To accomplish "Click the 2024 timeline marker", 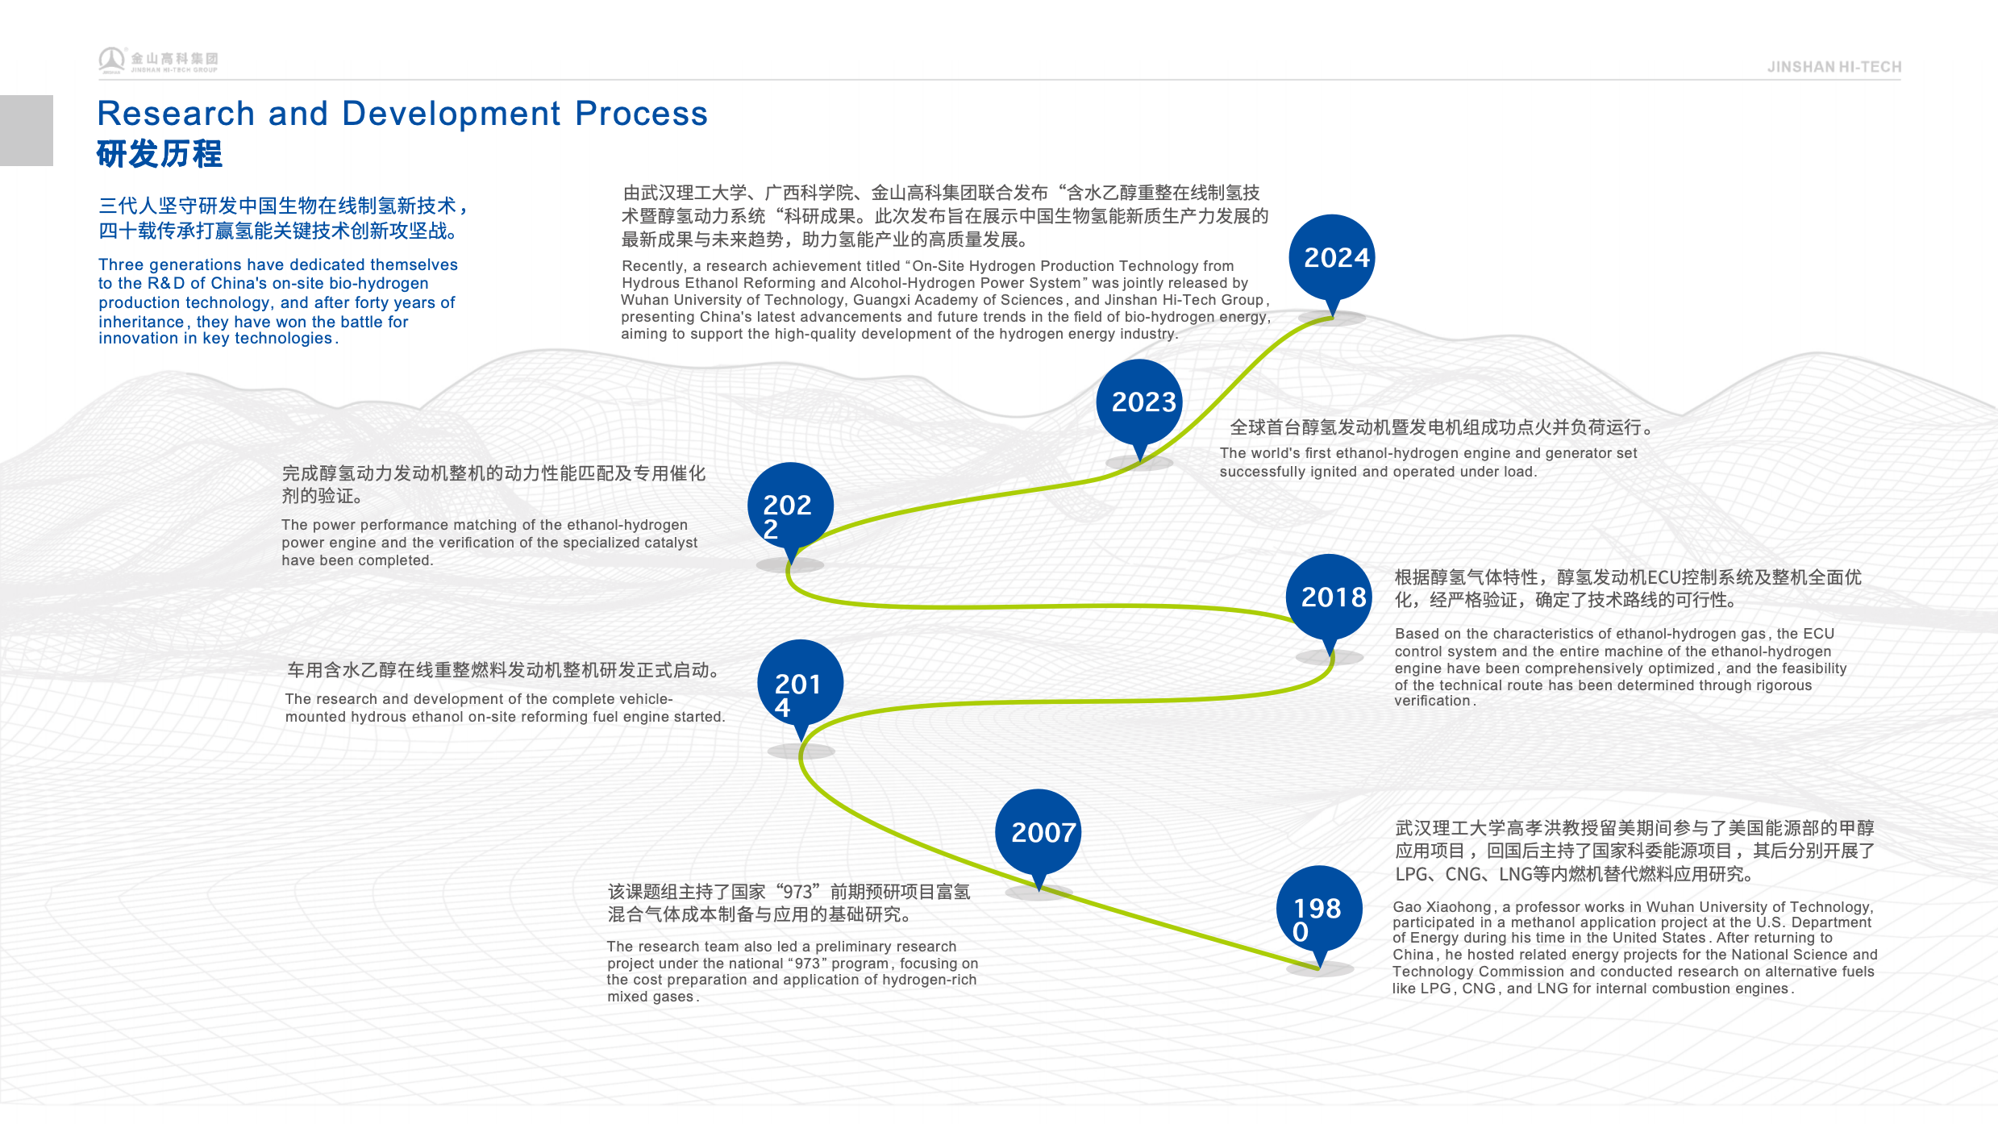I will click(x=1332, y=258).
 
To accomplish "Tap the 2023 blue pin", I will click(x=1139, y=402).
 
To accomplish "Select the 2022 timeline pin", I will click(x=790, y=506).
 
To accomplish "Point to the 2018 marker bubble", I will click(x=1329, y=597).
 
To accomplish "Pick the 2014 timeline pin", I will click(x=800, y=684).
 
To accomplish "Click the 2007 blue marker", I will click(x=1039, y=832).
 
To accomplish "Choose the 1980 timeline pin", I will click(x=1319, y=910).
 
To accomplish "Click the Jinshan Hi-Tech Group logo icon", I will click(x=111, y=60).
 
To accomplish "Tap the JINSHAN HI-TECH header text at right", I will click(x=1834, y=68).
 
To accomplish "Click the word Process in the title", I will click(x=641, y=114).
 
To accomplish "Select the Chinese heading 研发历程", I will click(x=160, y=154).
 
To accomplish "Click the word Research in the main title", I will click(x=176, y=114).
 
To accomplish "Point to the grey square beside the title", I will click(x=27, y=131).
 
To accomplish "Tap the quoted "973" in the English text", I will click(x=795, y=964).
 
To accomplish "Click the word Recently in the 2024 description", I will click(x=653, y=266).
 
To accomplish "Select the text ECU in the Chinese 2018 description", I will click(x=1652, y=577).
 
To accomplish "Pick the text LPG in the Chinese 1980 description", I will click(x=1411, y=874).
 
